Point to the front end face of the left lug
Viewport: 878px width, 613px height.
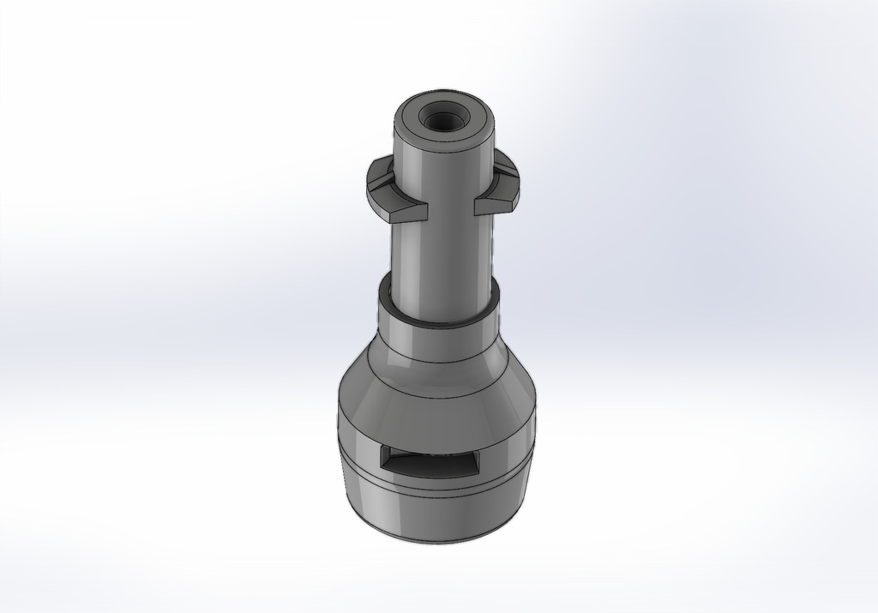click(x=398, y=212)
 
